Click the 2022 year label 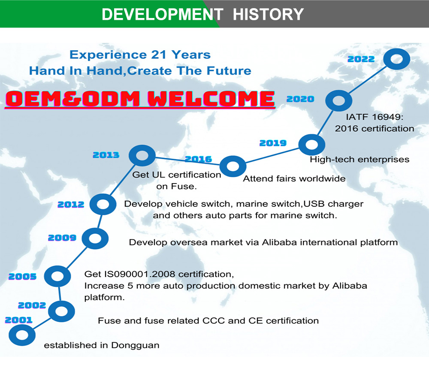(x=361, y=59)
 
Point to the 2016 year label (x=198, y=159)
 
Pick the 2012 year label (x=71, y=205)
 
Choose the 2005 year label (x=22, y=276)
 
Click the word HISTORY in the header (x=268, y=14)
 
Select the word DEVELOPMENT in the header (x=163, y=14)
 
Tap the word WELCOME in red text (x=211, y=99)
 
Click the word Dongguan (x=135, y=346)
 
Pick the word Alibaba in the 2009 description (x=279, y=242)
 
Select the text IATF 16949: (x=375, y=117)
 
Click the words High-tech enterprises (x=360, y=160)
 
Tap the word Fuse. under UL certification (x=176, y=187)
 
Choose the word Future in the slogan (x=229, y=71)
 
